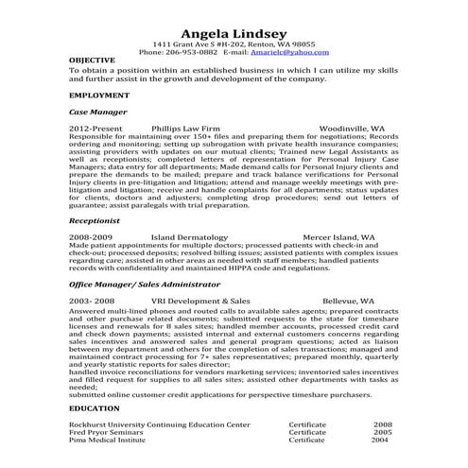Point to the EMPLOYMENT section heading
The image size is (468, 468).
point(99,96)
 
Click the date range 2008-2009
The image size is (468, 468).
point(91,235)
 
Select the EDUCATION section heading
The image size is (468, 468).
point(95,407)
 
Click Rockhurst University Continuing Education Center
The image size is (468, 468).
point(160,425)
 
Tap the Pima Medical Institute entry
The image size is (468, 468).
point(108,441)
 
